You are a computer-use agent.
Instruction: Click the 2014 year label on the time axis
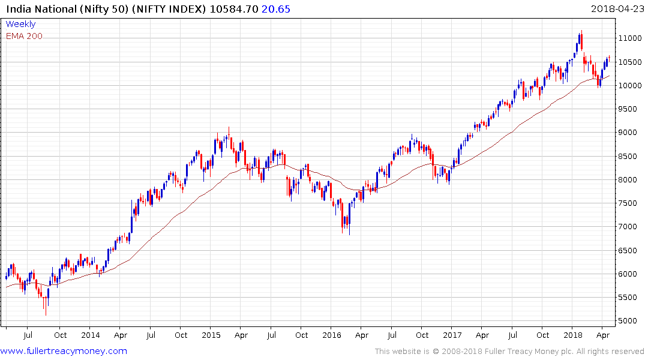[x=91, y=335]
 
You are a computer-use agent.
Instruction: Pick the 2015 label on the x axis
[x=211, y=335]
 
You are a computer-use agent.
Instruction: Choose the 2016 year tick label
[x=332, y=335]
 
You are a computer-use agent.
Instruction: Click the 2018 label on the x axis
[x=573, y=335]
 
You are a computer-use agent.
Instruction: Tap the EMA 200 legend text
[x=24, y=36]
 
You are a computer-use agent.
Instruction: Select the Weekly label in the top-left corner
[x=20, y=24]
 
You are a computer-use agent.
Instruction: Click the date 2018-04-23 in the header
[x=615, y=9]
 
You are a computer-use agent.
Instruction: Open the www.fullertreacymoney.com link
[x=64, y=351]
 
